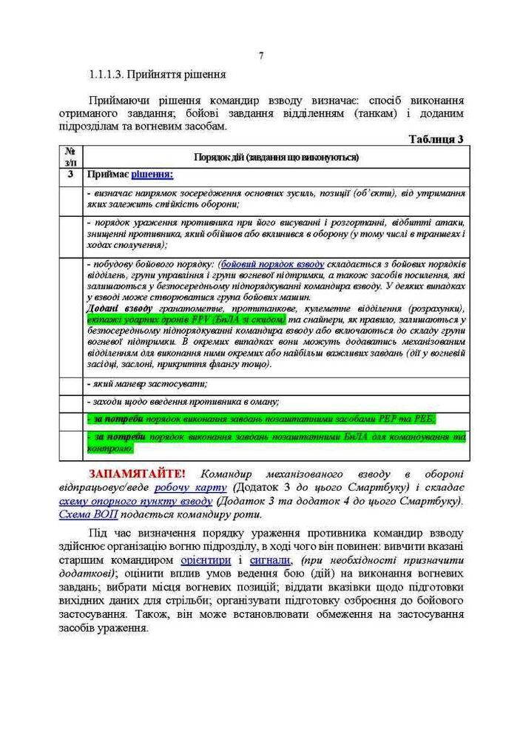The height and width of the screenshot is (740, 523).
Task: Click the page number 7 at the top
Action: click(x=261, y=56)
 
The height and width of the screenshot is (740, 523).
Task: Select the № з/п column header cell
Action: click(x=70, y=156)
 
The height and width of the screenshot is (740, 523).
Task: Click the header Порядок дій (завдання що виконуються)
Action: click(x=276, y=157)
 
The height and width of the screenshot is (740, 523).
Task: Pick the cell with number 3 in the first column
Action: click(x=70, y=175)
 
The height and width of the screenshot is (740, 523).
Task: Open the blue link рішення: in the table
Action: click(x=152, y=175)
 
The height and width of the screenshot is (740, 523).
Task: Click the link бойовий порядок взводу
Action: click(x=272, y=263)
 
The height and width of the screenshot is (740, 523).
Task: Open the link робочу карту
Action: click(x=190, y=488)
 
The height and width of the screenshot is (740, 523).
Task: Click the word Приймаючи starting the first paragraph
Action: click(x=119, y=100)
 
